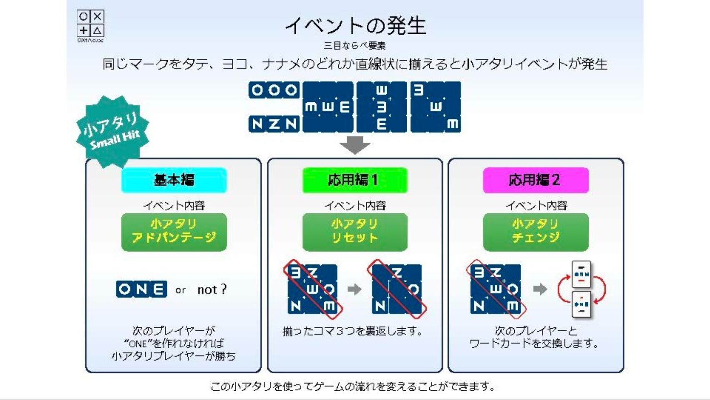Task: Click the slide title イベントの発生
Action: pyautogui.click(x=355, y=25)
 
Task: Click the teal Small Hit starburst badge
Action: pyautogui.click(x=113, y=131)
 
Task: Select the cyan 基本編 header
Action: pyautogui.click(x=174, y=180)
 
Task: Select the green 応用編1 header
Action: pyautogui.click(x=355, y=180)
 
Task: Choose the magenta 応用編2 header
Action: pyautogui.click(x=535, y=180)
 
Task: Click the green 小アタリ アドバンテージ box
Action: pyautogui.click(x=174, y=232)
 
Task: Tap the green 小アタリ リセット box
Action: pyautogui.click(x=355, y=232)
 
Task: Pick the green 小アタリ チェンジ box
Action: pyautogui.click(x=535, y=232)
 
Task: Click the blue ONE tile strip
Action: pyautogui.click(x=141, y=289)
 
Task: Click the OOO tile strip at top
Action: pyautogui.click(x=274, y=90)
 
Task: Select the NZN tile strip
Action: pyautogui.click(x=274, y=124)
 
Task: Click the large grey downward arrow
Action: pyautogui.click(x=355, y=145)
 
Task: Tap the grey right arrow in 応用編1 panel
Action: pyautogui.click(x=354, y=289)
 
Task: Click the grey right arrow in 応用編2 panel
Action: pyautogui.click(x=540, y=289)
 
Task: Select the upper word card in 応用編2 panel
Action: pyautogui.click(x=582, y=274)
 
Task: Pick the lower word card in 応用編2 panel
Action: pyautogui.click(x=582, y=304)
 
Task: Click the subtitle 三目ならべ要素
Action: pyautogui.click(x=355, y=46)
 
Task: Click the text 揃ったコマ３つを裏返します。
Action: pyautogui.click(x=352, y=331)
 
